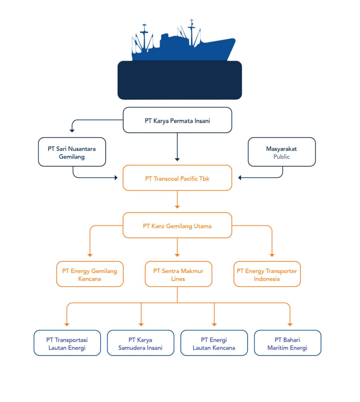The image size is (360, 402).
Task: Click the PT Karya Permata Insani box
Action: [x=177, y=120]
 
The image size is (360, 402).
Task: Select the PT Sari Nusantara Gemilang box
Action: [x=72, y=152]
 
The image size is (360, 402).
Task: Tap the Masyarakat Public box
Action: [x=281, y=152]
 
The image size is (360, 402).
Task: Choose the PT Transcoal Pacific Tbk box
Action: [x=177, y=178]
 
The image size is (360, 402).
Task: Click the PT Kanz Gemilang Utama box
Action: [x=177, y=225]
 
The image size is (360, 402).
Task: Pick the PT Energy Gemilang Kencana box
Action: [x=90, y=274]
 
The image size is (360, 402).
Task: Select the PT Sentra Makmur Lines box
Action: [x=178, y=274]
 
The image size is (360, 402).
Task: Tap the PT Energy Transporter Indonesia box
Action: [x=267, y=274]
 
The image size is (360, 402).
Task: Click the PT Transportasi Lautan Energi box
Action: [x=67, y=343]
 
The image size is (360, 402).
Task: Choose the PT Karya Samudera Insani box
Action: [x=140, y=343]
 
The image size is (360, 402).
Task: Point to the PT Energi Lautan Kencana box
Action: [x=214, y=343]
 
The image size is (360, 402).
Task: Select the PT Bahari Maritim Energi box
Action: [x=287, y=343]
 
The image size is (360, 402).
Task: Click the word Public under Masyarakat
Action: [x=281, y=157]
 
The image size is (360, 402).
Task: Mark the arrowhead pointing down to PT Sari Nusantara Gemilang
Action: [x=72, y=130]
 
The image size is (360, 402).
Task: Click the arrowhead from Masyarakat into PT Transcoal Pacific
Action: [x=241, y=178]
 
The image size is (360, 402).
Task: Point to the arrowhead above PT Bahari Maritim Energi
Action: [x=290, y=324]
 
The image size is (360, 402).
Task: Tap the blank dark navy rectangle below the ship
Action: [x=180, y=80]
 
